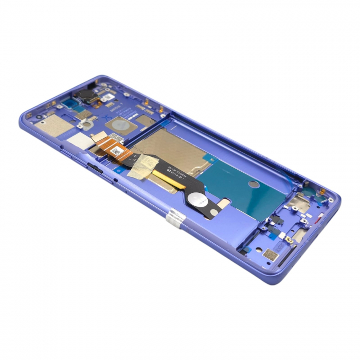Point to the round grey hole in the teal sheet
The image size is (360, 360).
tap(254, 184)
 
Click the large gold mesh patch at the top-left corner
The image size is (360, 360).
tap(53, 123)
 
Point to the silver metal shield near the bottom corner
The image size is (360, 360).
tap(298, 205)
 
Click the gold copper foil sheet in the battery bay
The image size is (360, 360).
tap(170, 147)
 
